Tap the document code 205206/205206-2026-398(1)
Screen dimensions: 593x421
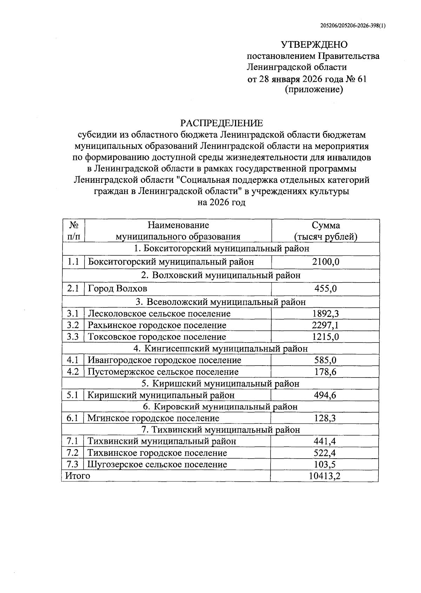pos(353,25)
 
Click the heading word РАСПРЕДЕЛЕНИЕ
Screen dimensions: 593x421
pos(221,123)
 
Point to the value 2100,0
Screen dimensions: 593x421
pos(326,262)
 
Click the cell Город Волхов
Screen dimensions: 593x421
pos(118,288)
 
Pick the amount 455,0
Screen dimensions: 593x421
pos(326,288)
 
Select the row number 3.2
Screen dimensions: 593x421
pos(73,325)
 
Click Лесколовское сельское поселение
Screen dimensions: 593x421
pos(159,313)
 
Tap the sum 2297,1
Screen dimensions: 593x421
pos(326,325)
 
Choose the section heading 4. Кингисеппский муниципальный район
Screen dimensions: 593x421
pos(221,348)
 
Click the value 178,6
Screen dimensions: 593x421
pos(325,372)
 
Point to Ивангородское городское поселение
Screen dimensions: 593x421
pos(164,360)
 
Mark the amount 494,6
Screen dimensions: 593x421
pos(325,395)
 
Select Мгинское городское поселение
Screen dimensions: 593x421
pos(153,418)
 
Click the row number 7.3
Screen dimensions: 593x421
pos(73,464)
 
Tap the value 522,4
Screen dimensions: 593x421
pos(325,453)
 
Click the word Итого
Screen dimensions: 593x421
pos(78,476)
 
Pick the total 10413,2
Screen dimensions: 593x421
pos(325,476)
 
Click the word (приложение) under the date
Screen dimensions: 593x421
pos(313,90)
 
